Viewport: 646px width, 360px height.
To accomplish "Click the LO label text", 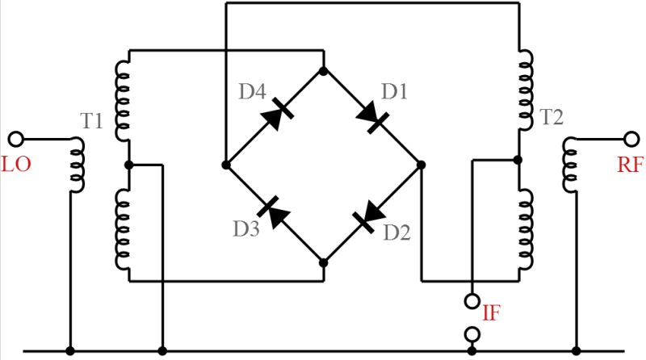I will click(16, 165).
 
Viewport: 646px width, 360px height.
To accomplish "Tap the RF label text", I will click(629, 165).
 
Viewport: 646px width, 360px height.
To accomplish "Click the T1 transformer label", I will click(91, 121).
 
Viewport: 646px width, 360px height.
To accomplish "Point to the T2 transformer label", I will click(552, 118).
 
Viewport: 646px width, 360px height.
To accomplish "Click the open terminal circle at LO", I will click(15, 138).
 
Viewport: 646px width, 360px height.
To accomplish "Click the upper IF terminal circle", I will click(470, 302).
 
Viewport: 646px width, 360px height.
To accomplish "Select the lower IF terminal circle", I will click(470, 333).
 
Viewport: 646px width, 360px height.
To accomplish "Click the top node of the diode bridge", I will click(323, 71).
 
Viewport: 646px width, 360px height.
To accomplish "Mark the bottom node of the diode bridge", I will click(323, 262).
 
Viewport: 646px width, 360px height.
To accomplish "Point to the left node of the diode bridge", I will click(226, 165).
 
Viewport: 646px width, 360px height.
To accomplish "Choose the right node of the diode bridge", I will click(421, 165).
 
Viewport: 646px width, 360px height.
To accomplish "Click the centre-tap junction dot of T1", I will click(128, 165).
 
